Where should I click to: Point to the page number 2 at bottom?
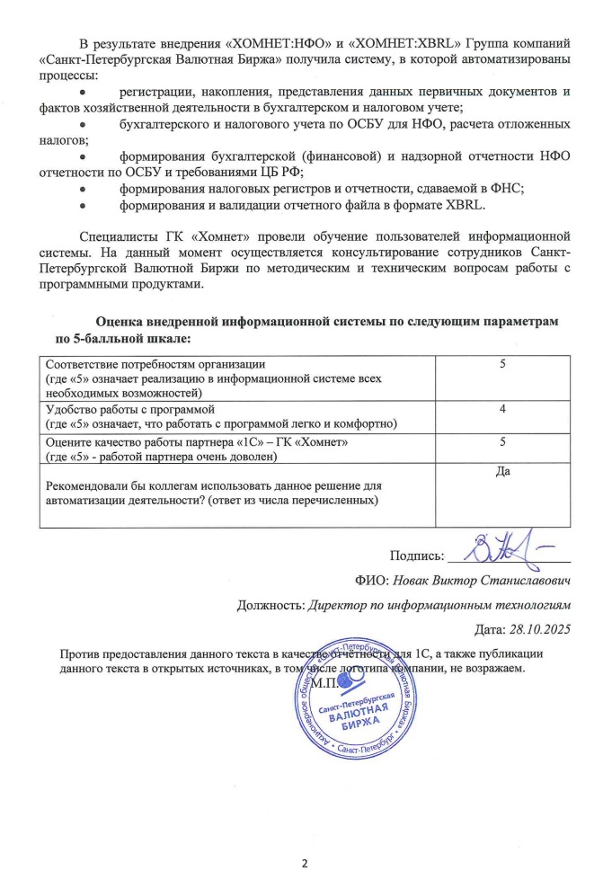[x=305, y=865]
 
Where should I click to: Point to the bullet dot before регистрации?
[x=83, y=93]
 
